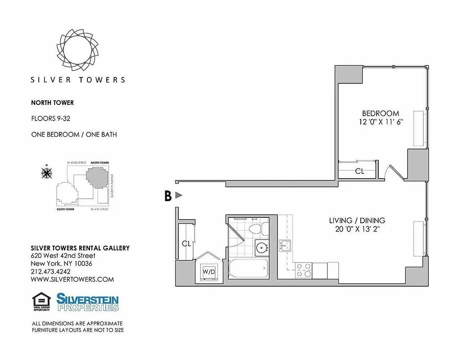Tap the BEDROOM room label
pos(381,113)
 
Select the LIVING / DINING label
pos(357,220)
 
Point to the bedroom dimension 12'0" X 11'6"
pos(381,122)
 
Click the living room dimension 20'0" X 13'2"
pos(357,229)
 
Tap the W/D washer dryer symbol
pos(209,272)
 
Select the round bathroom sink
pos(261,247)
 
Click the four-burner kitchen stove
pos(304,270)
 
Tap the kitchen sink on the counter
pos(285,246)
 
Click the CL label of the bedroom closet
pos(359,171)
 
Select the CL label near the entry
pos(186,243)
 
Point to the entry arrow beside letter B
pos(179,195)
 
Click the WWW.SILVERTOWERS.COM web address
pos(72,279)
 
